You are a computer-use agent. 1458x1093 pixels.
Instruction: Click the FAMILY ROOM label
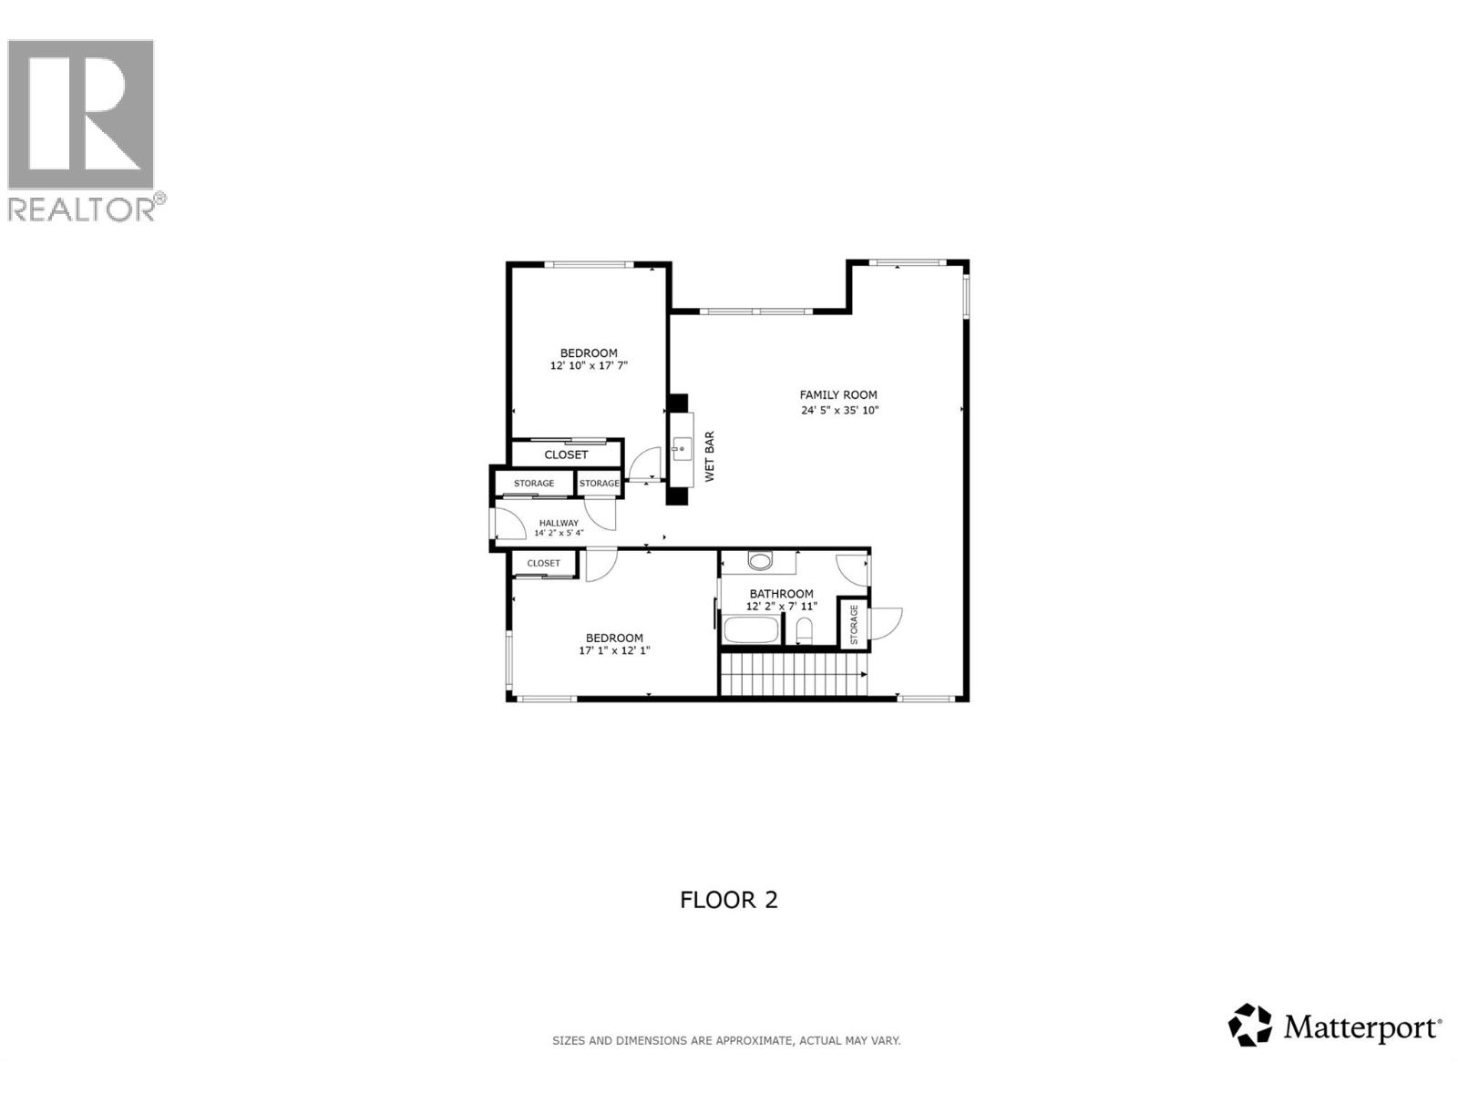pyautogui.click(x=838, y=394)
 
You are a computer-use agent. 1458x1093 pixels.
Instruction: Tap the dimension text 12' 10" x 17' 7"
pyautogui.click(x=589, y=366)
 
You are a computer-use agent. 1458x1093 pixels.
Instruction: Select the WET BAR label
pyautogui.click(x=709, y=456)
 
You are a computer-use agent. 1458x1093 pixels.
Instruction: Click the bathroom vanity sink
pyautogui.click(x=760, y=560)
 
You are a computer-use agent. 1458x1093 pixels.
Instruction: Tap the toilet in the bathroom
pyautogui.click(x=804, y=629)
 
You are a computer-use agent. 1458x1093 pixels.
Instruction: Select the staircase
pyautogui.click(x=793, y=675)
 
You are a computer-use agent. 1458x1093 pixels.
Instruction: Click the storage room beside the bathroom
pyautogui.click(x=854, y=625)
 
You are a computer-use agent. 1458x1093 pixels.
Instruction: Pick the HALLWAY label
pyautogui.click(x=559, y=523)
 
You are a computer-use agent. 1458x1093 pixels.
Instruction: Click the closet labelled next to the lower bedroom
pyautogui.click(x=544, y=563)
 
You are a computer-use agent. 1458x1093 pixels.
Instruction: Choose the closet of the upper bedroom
pyautogui.click(x=566, y=454)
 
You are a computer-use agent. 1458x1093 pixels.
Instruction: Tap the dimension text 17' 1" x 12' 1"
pyautogui.click(x=614, y=650)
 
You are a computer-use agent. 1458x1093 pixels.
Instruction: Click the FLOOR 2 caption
pyautogui.click(x=729, y=900)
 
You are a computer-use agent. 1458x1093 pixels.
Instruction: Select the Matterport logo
pyautogui.click(x=1335, y=1027)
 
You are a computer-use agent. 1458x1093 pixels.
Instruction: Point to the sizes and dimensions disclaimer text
pyautogui.click(x=726, y=1040)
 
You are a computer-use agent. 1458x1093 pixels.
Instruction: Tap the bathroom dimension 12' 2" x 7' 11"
pyautogui.click(x=782, y=606)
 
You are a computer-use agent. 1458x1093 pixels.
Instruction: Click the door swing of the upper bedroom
pyautogui.click(x=647, y=463)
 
